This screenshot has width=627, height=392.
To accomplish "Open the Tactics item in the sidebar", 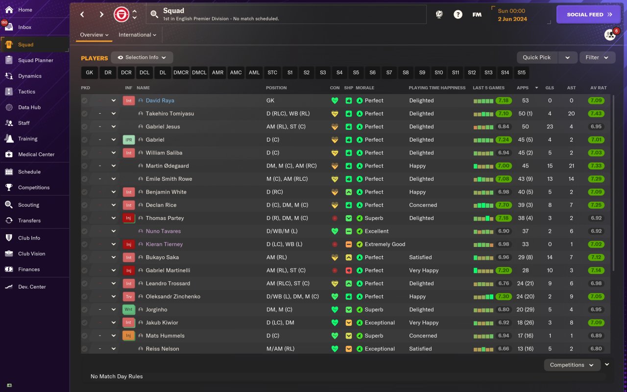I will (26, 92).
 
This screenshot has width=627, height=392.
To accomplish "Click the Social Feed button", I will (589, 15).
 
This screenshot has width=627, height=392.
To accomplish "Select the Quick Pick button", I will (537, 57).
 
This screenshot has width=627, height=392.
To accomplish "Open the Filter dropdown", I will (597, 57).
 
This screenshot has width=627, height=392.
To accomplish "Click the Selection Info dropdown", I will (142, 57).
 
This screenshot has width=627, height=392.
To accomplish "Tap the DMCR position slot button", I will (181, 73).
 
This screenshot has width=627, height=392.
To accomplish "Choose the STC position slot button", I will (272, 73).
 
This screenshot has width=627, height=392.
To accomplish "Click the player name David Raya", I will (160, 100).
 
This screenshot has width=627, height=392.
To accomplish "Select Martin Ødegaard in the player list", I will (167, 166).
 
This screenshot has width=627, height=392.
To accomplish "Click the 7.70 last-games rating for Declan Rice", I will (504, 205).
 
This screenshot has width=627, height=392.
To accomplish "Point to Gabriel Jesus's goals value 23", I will (550, 127).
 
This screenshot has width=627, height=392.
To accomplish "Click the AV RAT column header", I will (598, 88).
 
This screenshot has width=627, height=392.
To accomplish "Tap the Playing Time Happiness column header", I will (437, 88).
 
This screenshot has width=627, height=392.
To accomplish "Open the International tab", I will (137, 35).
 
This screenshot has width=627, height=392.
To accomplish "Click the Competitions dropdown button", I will (572, 365).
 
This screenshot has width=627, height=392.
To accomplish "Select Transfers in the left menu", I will (29, 220).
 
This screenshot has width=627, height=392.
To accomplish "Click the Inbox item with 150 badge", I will (24, 27).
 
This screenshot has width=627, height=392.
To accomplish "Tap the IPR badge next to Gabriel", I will (128, 140).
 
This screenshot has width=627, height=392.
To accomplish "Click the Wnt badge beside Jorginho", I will (128, 310).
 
